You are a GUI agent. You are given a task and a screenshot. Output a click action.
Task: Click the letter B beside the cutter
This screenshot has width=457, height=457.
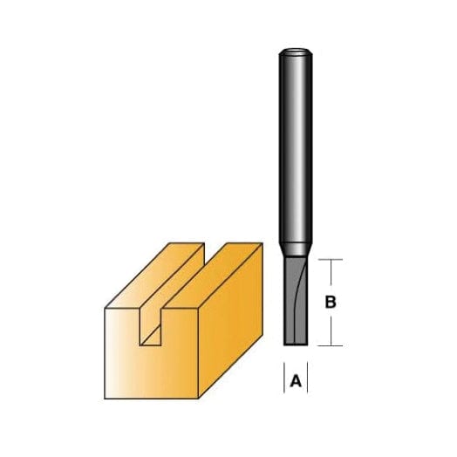(x=331, y=303)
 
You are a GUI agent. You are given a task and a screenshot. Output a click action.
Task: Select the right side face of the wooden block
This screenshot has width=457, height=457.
(x=228, y=314)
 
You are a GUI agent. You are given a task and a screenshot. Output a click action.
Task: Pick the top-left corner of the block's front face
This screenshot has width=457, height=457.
(x=106, y=307)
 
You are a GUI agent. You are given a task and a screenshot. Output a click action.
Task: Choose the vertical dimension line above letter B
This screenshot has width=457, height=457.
(x=330, y=276)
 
